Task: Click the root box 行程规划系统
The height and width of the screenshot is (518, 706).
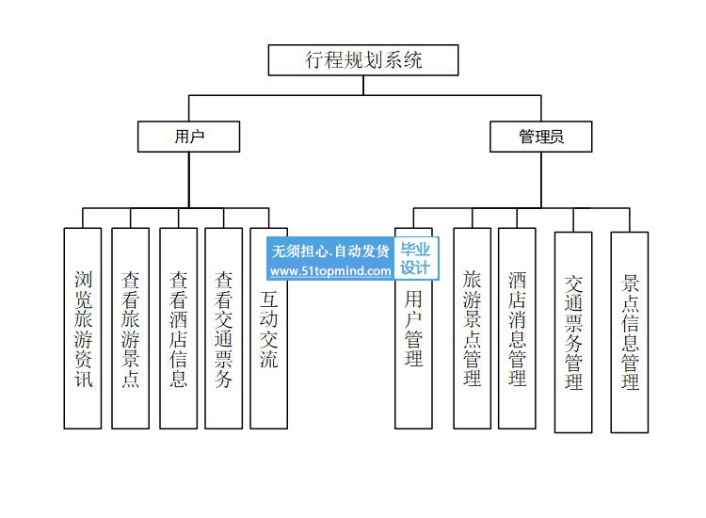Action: tap(363, 60)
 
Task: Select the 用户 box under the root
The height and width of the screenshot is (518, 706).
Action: tap(188, 137)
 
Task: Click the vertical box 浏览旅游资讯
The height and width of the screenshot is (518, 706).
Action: tap(82, 329)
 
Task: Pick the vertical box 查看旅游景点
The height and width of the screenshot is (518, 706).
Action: tap(130, 329)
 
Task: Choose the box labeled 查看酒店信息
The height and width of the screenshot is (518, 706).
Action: tap(178, 329)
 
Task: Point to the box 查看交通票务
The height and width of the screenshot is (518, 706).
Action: tap(224, 329)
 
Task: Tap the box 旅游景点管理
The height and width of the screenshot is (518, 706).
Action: tap(472, 329)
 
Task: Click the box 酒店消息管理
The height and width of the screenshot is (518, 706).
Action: tap(517, 329)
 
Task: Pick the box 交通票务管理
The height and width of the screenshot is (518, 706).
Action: tap(573, 332)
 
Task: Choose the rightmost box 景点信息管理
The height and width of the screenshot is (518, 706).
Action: tap(630, 332)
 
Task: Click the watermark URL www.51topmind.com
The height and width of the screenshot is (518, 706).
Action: tap(330, 271)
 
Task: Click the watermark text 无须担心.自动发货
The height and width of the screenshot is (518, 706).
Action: tap(330, 251)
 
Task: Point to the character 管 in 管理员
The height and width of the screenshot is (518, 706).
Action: tap(526, 138)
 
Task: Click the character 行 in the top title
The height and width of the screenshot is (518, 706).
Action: tap(314, 60)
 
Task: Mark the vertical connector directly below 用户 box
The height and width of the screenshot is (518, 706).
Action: tap(188, 179)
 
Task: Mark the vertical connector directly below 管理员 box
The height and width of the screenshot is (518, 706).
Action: tap(541, 179)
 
